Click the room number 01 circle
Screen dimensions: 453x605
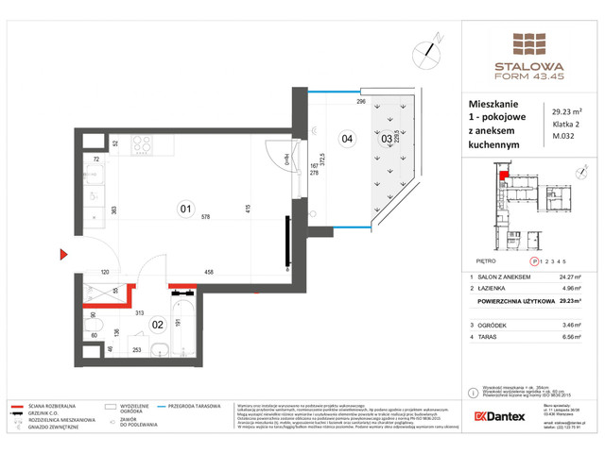point(186,210)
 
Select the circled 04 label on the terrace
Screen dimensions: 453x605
point(347,139)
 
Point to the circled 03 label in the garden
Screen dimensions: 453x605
point(386,140)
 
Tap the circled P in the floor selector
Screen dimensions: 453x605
point(535,260)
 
